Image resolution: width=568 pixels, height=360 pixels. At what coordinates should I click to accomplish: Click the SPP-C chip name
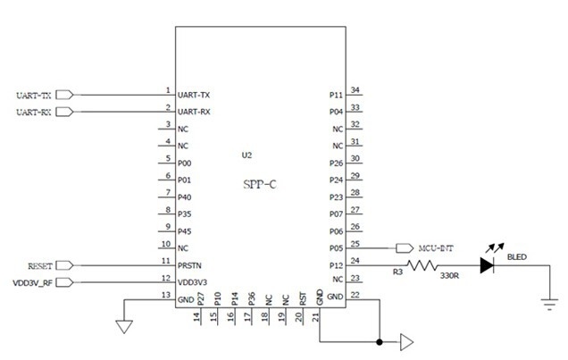[x=259, y=184]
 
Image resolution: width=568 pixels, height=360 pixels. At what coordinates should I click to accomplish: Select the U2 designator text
[x=246, y=155]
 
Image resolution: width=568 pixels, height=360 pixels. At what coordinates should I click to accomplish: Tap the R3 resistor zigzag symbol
[x=422, y=265]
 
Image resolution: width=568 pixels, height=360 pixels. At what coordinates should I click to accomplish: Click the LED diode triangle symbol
[x=487, y=265]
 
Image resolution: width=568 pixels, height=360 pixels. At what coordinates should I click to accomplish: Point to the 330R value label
[x=449, y=276]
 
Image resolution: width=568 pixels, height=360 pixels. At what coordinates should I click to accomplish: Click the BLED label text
[x=516, y=256]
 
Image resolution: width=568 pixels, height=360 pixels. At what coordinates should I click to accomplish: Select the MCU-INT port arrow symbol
[x=405, y=248]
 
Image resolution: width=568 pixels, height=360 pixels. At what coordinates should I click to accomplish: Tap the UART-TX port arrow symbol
[x=65, y=95]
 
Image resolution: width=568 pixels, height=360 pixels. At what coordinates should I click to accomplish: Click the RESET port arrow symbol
[x=65, y=265]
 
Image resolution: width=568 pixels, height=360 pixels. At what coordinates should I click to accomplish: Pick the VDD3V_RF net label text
[x=33, y=283]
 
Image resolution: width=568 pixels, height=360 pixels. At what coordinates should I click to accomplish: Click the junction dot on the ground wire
[x=380, y=341]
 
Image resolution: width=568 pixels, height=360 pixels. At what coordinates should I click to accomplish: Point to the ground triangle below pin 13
[x=124, y=327]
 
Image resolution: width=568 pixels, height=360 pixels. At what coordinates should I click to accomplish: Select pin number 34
[x=355, y=90]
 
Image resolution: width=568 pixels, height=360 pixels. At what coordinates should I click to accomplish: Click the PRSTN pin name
[x=189, y=265]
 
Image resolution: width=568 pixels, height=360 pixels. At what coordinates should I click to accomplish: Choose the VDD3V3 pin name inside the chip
[x=192, y=282]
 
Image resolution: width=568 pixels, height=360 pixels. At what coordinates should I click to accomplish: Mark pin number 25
[x=355, y=244]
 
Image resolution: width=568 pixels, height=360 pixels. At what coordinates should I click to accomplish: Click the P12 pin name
[x=336, y=265]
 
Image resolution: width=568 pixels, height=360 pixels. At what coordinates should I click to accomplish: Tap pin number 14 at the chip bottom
[x=196, y=317]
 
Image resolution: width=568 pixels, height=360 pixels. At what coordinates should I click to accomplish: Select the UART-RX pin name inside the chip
[x=194, y=112]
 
